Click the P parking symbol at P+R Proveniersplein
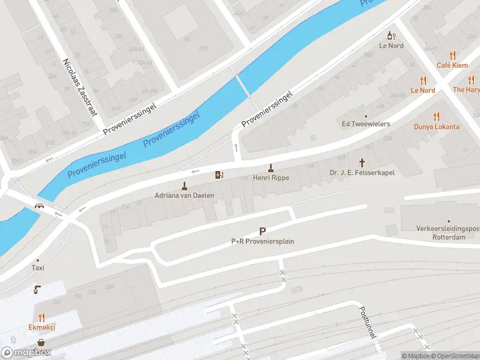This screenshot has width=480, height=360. coord(262,231)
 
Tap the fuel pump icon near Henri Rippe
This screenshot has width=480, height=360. coord(219,175)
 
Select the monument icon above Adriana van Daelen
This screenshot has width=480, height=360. coord(184,185)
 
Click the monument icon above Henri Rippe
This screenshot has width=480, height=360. coord(271,168)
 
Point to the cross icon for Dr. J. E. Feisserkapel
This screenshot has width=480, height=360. coord(362,162)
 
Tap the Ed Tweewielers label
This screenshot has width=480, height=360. coord(365,124)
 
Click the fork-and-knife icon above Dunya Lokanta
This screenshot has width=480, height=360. coord(436,117)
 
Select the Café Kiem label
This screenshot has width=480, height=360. coord(452,65)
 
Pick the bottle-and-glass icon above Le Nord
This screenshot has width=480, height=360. coord(391,36)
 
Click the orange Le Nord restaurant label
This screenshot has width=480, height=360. coord(422,91)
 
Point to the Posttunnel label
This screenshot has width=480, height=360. coord(367,322)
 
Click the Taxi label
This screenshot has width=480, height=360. coord(38,268)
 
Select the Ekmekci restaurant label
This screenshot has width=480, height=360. coord(41,327)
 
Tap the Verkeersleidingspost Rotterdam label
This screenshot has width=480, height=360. coord(449,233)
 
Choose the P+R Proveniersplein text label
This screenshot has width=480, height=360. coord(262,241)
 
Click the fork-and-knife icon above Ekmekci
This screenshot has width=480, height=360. coord(41,317)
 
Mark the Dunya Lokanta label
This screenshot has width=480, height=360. coord(436,127)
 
